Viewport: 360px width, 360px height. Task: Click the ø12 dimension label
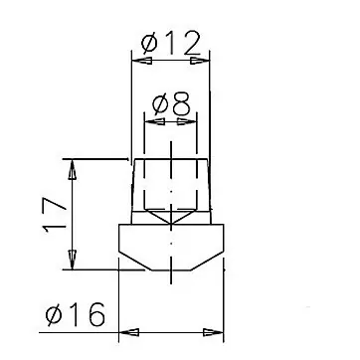171,43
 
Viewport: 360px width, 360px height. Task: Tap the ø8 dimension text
171,103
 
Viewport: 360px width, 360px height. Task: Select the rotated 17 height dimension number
55,215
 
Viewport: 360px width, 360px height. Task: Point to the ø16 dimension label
76,314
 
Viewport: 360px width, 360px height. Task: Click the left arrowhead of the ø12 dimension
142,61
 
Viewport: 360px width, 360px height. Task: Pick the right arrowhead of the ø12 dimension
200,61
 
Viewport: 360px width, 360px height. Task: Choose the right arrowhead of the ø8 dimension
187,121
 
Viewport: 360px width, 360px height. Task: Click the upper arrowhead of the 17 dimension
72,169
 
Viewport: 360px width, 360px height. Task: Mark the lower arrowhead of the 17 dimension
72,260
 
